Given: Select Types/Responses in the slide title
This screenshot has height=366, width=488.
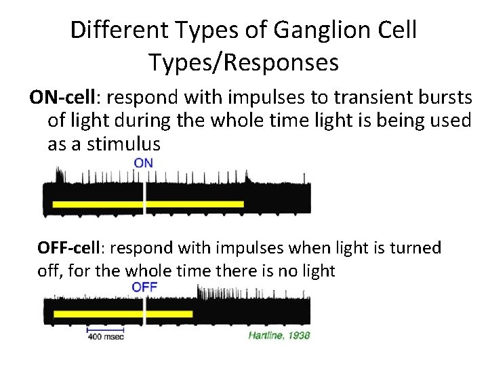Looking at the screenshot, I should pos(243,62).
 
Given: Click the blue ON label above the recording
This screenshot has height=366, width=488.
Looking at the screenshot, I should pos(143,163).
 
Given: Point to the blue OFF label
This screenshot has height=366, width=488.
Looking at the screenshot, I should pos(144,287).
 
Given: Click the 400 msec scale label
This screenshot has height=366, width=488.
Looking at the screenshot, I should pos(105,337).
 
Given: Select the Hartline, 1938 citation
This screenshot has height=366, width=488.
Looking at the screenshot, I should pos(278,335).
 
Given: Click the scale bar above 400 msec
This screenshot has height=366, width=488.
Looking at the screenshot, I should pos(105,330).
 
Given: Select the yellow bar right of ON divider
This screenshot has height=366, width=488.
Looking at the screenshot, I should pos(195,204).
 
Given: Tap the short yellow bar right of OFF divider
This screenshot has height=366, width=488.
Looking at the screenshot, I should pos(169,314).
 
